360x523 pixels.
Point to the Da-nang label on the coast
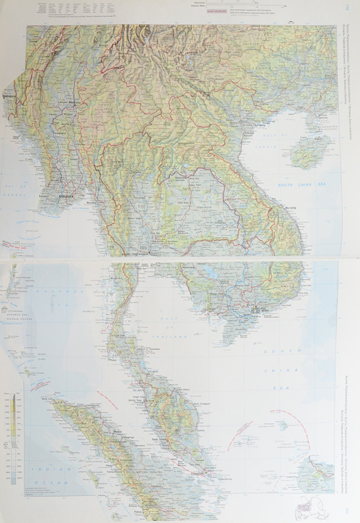291,208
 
